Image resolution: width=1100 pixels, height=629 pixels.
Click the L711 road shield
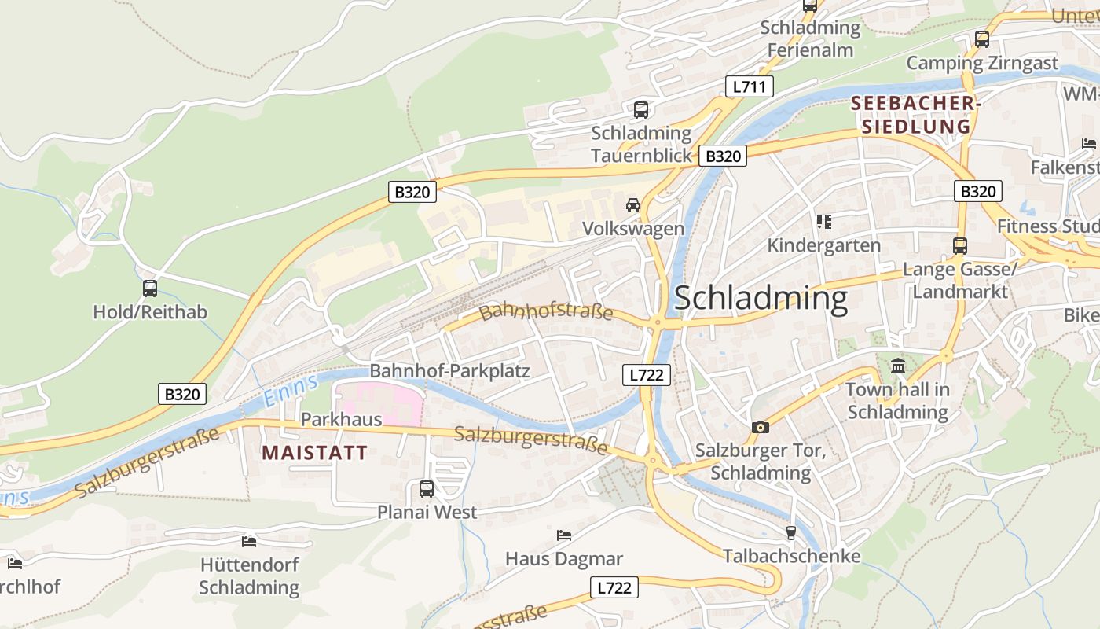749,86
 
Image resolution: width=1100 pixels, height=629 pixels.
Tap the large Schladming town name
761,299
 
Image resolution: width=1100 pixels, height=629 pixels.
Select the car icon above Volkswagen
632,205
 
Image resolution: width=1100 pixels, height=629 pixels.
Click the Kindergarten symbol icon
823,222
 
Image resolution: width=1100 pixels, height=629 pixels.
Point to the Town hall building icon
898,366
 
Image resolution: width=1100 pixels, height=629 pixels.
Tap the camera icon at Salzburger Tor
760,427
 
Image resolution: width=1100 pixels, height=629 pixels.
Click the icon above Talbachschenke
791,532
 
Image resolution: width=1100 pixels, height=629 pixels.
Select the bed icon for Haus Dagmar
563,535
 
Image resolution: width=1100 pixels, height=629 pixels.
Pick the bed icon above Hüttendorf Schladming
249,541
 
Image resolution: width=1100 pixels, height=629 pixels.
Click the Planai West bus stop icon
427,489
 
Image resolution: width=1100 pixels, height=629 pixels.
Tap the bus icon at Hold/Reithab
150,289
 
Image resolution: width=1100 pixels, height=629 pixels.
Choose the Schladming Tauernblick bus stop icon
641,110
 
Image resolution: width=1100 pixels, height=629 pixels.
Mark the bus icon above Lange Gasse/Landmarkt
959,246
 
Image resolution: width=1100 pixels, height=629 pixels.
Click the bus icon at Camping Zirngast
981,39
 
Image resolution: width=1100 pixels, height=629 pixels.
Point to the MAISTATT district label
314,453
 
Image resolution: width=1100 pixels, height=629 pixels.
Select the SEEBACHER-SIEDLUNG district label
916,115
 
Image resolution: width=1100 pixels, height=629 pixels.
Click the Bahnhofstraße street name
546,312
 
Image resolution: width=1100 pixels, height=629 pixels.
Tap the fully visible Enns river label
291,391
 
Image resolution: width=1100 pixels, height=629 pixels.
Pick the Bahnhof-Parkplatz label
449,371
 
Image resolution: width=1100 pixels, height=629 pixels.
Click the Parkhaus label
341,419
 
